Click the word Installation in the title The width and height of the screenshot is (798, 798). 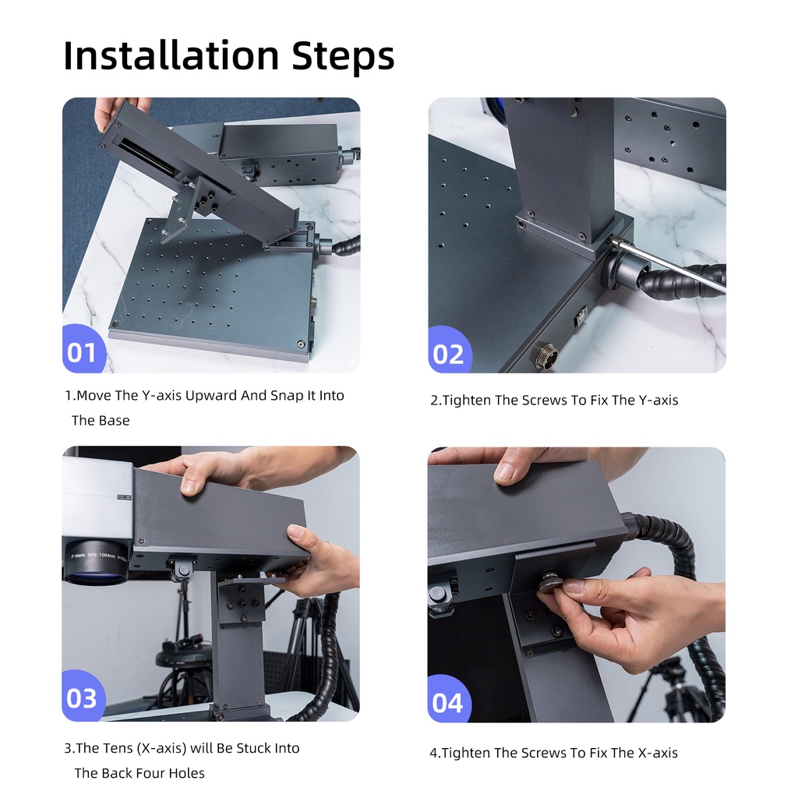171,55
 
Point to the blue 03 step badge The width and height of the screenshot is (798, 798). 83,697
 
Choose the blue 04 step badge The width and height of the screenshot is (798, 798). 448,701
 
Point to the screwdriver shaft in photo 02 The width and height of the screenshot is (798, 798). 667,266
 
